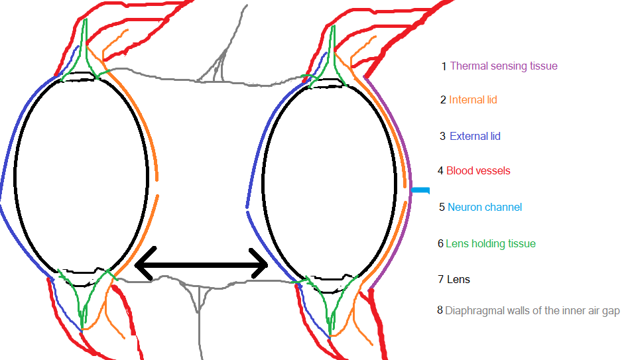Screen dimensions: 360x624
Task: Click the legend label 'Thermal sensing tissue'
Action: tap(503, 66)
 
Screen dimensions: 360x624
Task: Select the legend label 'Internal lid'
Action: tap(473, 100)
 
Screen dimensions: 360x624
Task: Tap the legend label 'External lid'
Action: tap(475, 137)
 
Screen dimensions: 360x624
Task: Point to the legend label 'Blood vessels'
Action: tap(478, 171)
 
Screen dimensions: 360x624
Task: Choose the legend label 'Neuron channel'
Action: tap(485, 208)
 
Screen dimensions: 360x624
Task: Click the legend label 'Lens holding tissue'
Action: tap(490, 244)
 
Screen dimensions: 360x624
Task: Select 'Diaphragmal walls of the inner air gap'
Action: tap(532, 310)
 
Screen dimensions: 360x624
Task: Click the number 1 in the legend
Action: tap(444, 66)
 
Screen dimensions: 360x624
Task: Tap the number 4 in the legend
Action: tap(440, 171)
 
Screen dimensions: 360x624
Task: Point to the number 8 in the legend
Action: tap(440, 310)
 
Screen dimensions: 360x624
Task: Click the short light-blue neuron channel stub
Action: tap(420, 191)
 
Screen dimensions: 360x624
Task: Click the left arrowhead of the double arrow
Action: tap(141, 266)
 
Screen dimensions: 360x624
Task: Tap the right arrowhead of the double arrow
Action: tap(262, 266)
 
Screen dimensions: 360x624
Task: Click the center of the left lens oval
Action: tap(81, 174)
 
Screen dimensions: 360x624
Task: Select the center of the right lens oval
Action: tap(330, 179)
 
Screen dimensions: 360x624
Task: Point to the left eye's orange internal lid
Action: tap(156, 166)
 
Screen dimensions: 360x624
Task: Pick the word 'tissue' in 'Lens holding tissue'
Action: tap(521, 244)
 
